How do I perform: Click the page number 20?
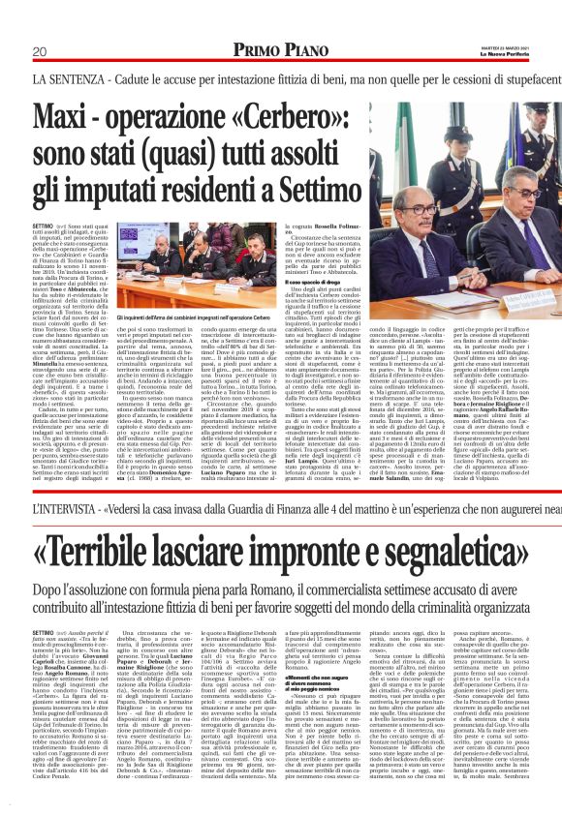[x=40, y=50]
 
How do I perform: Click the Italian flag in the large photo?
[x=408, y=165]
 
